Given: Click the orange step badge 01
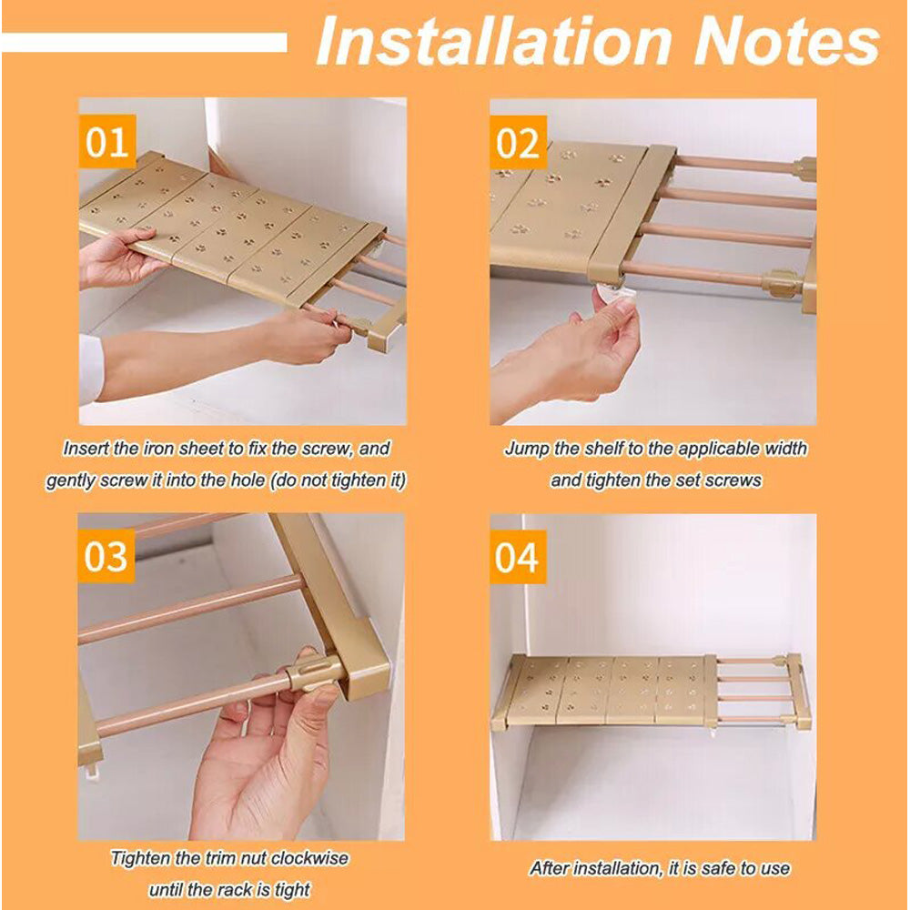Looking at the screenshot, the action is [x=107, y=141].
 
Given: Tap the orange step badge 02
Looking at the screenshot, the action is [x=519, y=142].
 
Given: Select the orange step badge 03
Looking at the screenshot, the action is [x=106, y=556].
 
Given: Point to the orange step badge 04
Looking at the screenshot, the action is [x=518, y=557].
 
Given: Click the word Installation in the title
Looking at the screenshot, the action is [x=494, y=42].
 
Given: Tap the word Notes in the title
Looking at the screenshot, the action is [x=787, y=42].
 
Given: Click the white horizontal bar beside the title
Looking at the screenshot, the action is [x=144, y=43].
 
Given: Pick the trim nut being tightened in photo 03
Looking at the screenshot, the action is [x=313, y=670].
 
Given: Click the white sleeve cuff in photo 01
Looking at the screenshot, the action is [x=91, y=369].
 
